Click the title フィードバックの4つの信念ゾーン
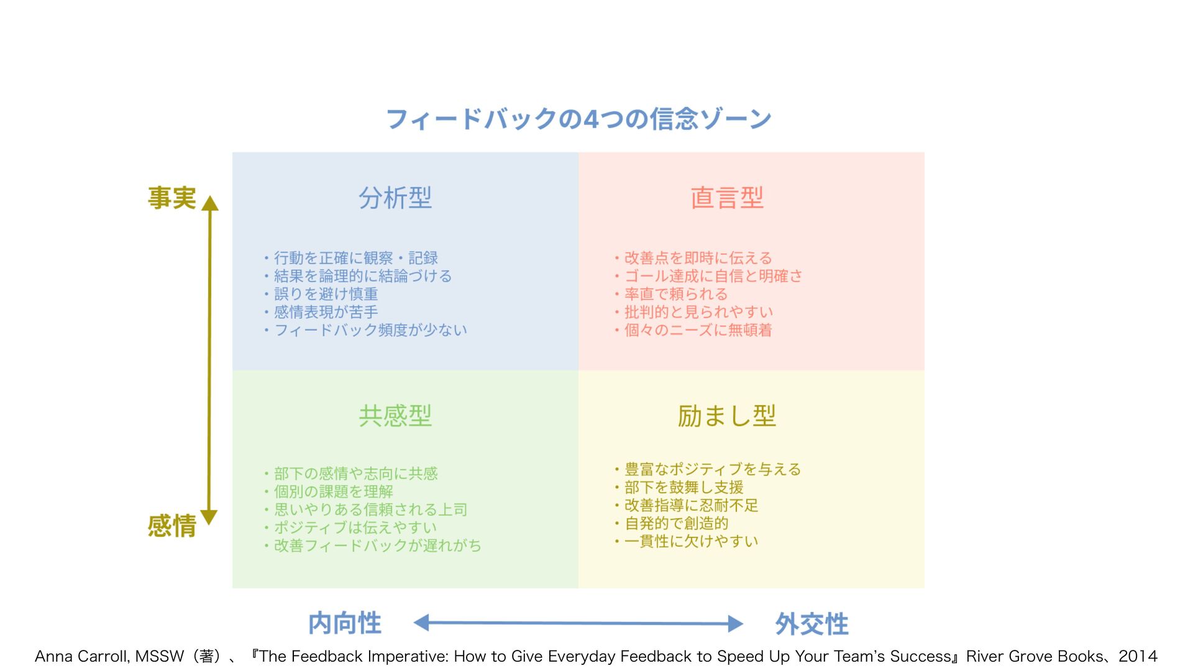click(578, 119)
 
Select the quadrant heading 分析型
click(395, 198)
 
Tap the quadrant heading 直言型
click(726, 198)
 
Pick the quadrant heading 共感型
click(395, 416)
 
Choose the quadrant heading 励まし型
click(726, 416)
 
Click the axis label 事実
click(171, 198)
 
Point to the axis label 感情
click(171, 526)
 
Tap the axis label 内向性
click(345, 623)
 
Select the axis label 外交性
click(811, 624)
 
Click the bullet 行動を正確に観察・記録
click(355, 258)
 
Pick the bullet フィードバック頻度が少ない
click(370, 330)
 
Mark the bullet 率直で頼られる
click(675, 294)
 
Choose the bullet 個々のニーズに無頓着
click(698, 330)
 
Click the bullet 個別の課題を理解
click(333, 491)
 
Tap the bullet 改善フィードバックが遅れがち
click(377, 545)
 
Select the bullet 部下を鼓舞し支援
click(683, 487)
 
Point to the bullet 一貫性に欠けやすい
click(691, 541)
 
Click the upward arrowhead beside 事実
click(210, 203)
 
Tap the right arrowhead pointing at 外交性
click(736, 623)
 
